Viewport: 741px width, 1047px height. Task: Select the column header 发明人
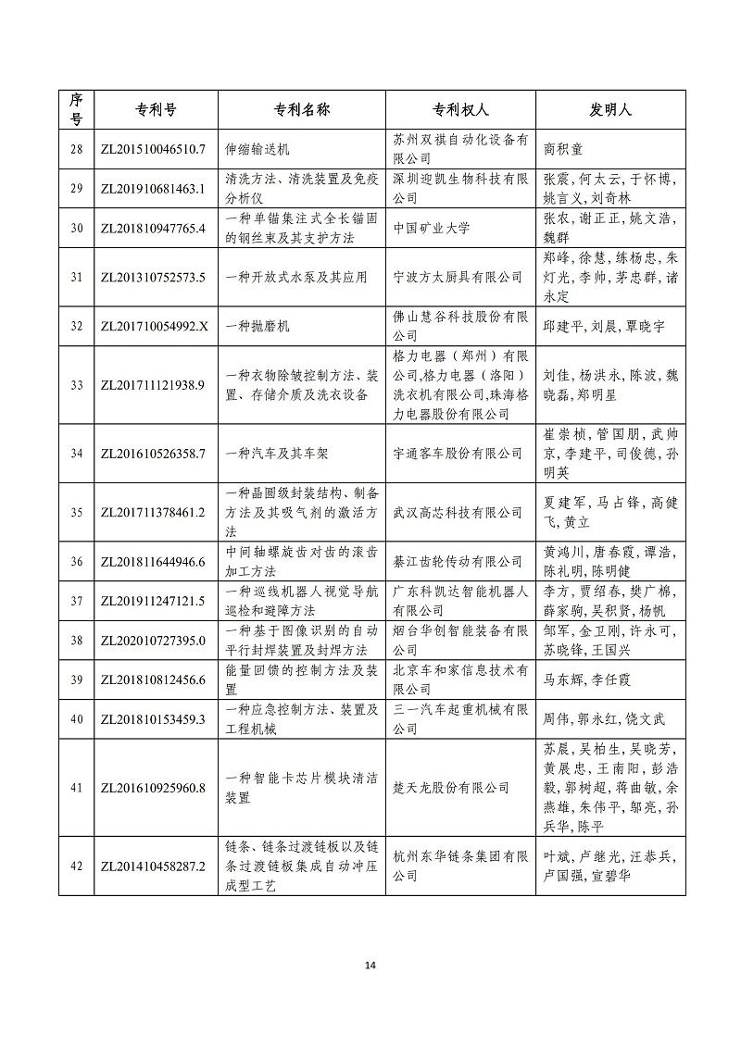point(609,109)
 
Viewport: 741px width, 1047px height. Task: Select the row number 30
point(77,227)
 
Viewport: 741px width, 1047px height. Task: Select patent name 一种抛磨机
point(258,326)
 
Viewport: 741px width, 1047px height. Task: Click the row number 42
point(77,866)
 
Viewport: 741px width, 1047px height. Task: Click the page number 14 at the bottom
point(370,966)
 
